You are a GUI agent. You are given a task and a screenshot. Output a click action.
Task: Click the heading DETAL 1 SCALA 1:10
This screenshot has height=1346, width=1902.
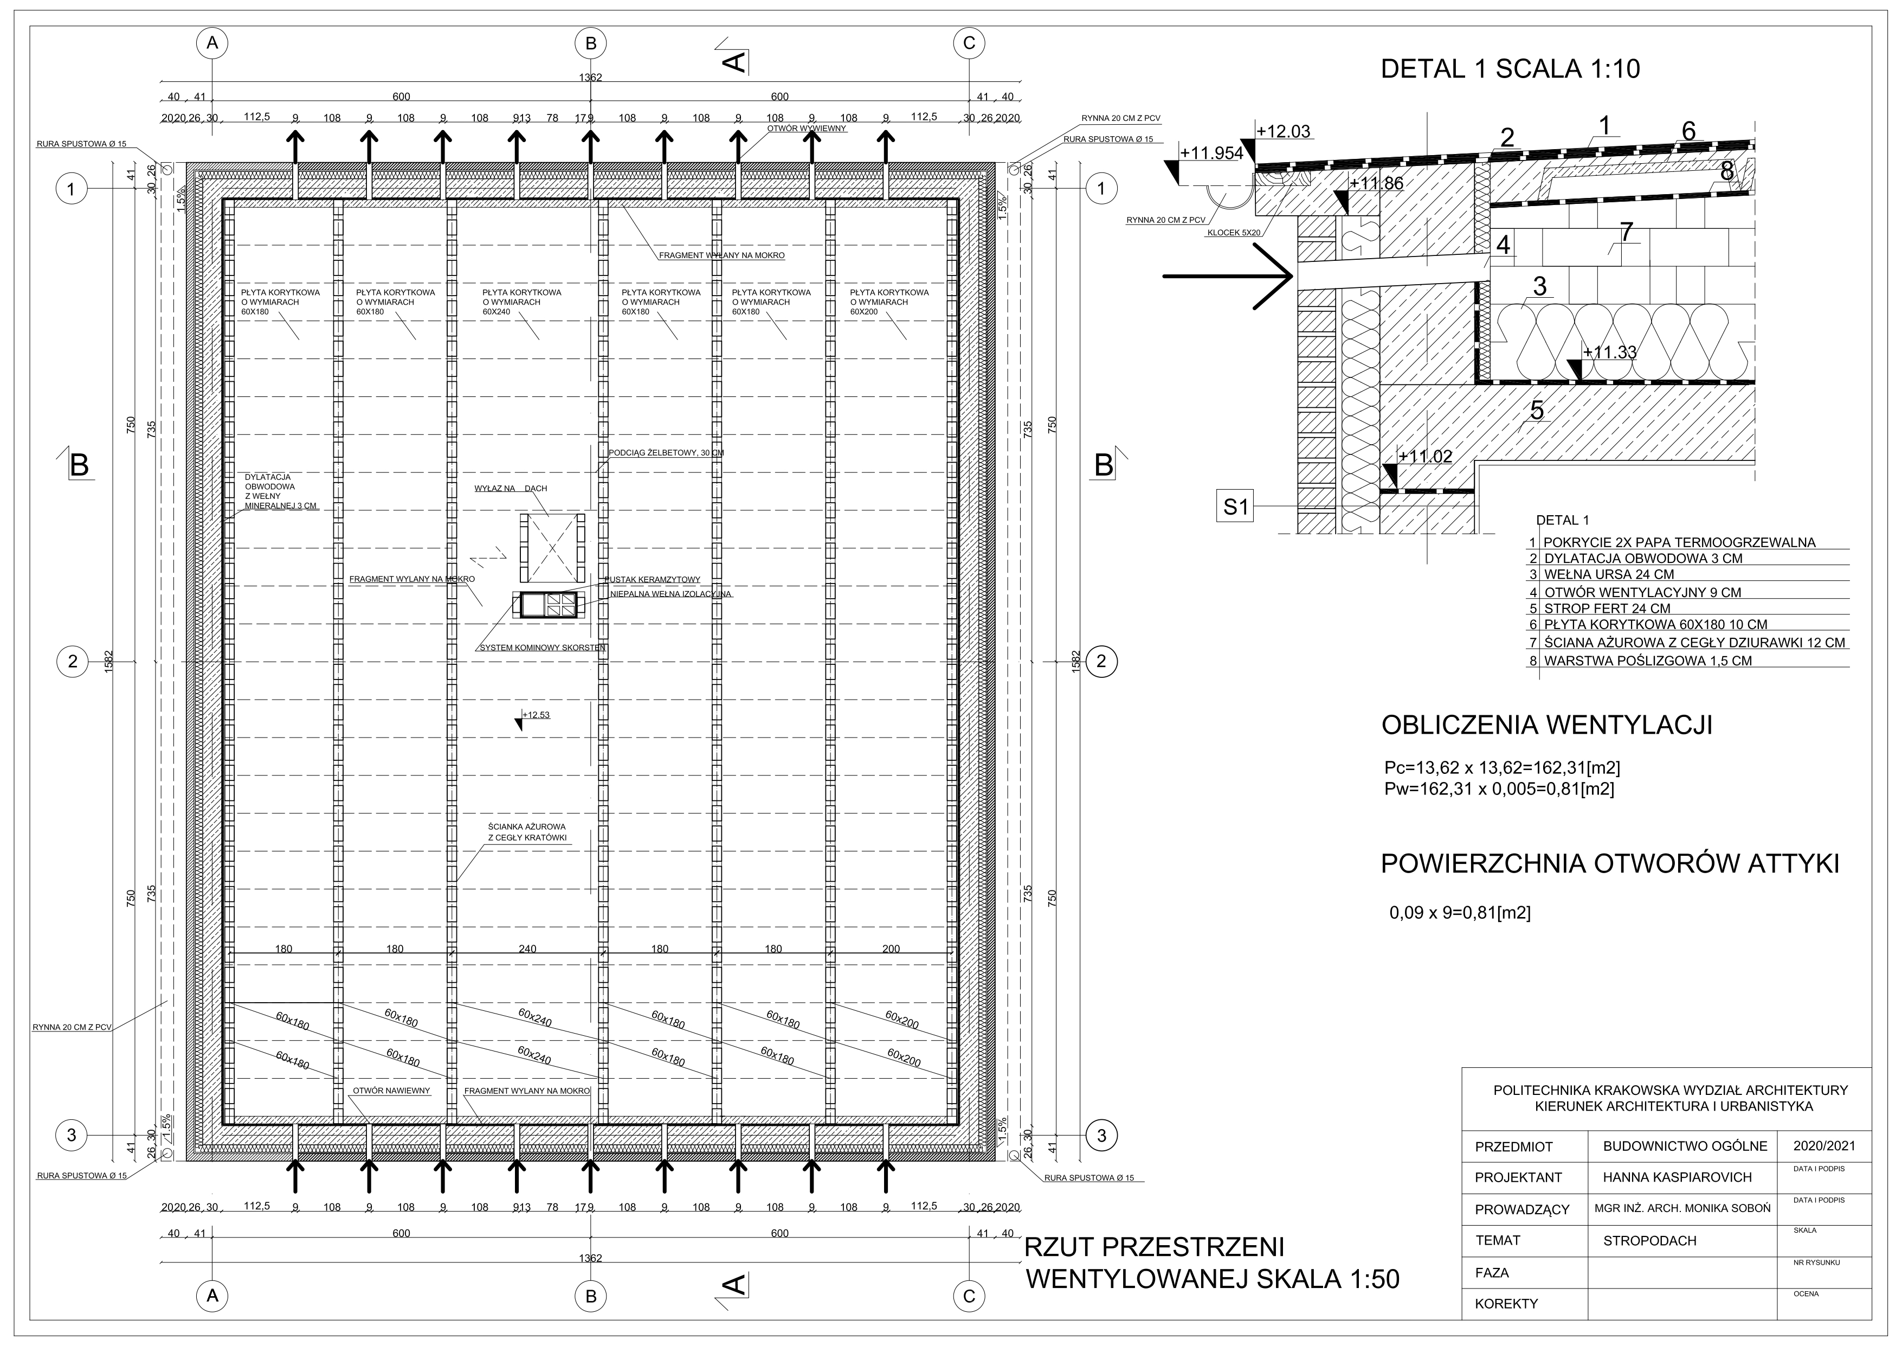point(1510,69)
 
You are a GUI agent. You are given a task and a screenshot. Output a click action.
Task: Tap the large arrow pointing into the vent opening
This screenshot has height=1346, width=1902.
point(1228,276)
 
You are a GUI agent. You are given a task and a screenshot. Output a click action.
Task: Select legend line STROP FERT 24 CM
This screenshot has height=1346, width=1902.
point(1606,608)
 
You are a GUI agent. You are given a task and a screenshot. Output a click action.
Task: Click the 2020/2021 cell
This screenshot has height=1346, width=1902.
point(1823,1146)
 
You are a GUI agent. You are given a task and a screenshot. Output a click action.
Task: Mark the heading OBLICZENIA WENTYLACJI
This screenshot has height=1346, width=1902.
point(1546,726)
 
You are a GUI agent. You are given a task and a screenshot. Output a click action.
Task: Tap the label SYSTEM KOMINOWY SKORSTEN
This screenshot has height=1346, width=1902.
point(543,648)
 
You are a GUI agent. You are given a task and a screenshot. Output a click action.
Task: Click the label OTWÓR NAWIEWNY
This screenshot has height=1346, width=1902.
point(391,1091)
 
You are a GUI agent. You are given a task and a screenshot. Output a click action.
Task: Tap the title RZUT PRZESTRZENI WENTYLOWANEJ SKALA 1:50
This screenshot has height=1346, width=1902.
point(1211,1263)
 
